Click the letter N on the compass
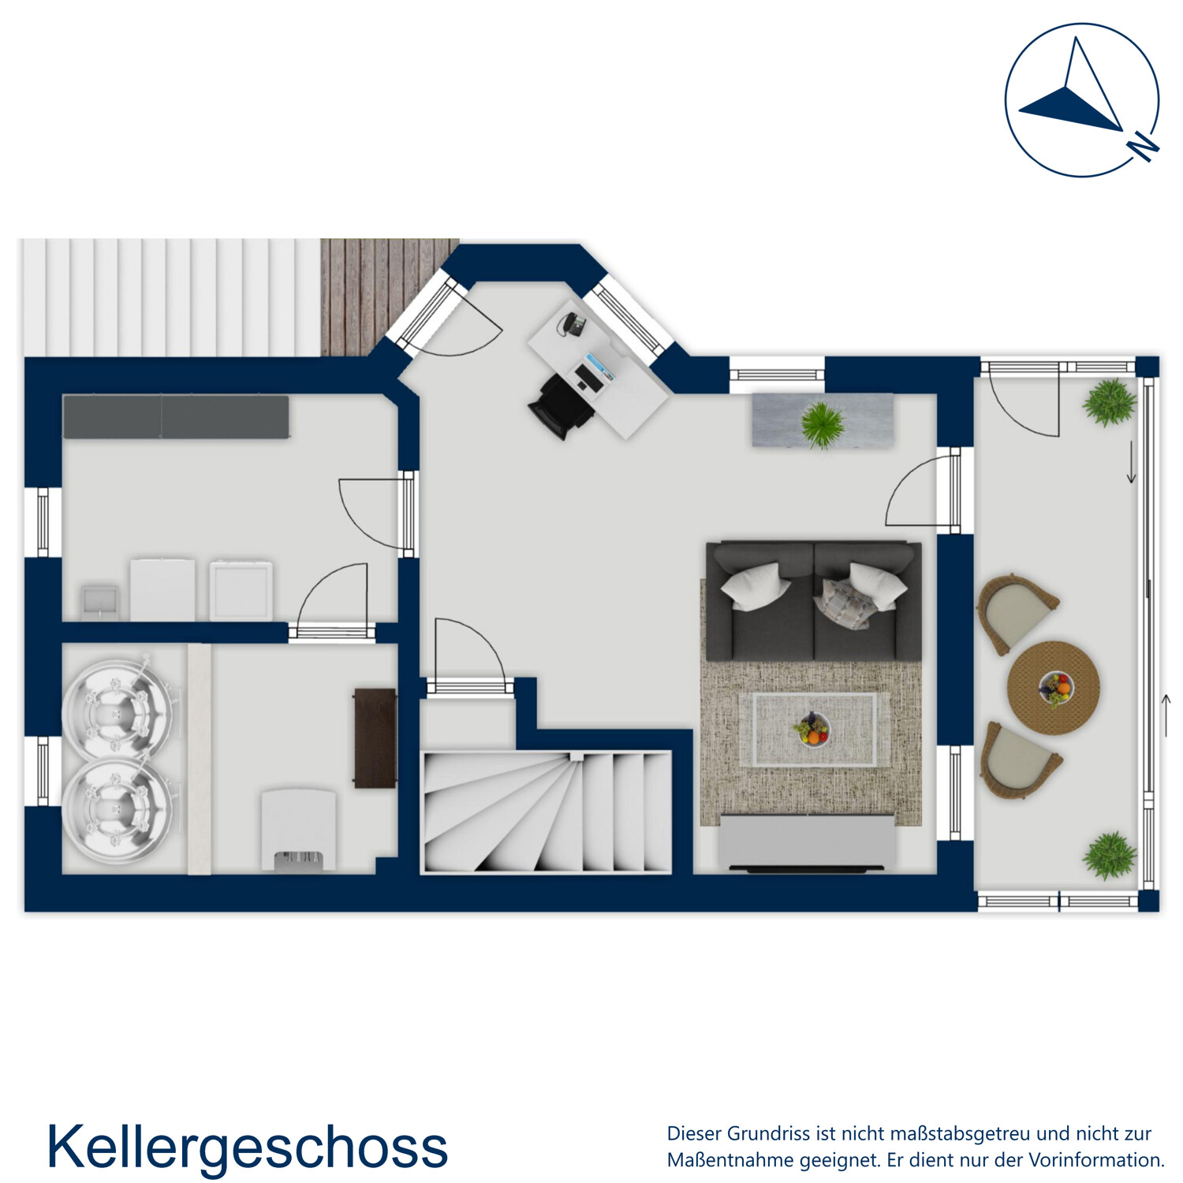(1143, 147)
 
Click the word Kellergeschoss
(247, 1147)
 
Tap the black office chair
(561, 404)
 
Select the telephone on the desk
(573, 323)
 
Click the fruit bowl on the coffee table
(812, 729)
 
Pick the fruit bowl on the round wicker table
(1055, 688)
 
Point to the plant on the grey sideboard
(822, 424)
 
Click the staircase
(547, 812)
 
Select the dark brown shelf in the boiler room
(375, 738)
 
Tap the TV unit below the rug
(807, 844)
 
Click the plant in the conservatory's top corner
(1110, 402)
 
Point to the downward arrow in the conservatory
(1131, 463)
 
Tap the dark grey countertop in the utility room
(175, 416)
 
